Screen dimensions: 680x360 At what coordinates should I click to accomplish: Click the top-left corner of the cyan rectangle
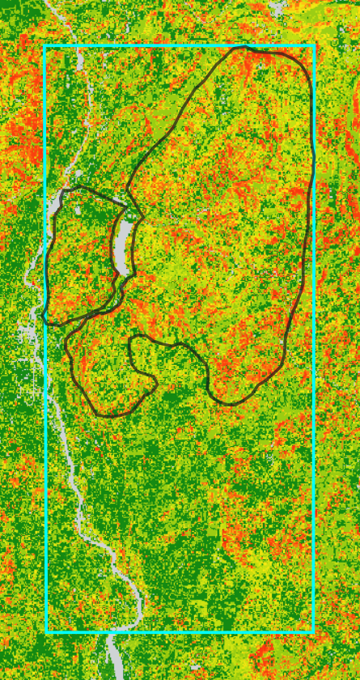click(x=46, y=46)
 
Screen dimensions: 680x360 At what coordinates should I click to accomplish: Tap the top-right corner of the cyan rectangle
click(x=313, y=46)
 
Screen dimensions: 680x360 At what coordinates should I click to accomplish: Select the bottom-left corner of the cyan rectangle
click(x=46, y=631)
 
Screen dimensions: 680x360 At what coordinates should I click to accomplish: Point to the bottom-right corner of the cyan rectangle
click(x=313, y=631)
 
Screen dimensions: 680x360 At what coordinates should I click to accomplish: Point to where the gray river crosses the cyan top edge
click(x=78, y=46)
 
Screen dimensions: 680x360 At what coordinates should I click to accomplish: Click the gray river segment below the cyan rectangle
click(x=113, y=656)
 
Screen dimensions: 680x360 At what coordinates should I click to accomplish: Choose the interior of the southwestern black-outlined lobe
click(x=105, y=364)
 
